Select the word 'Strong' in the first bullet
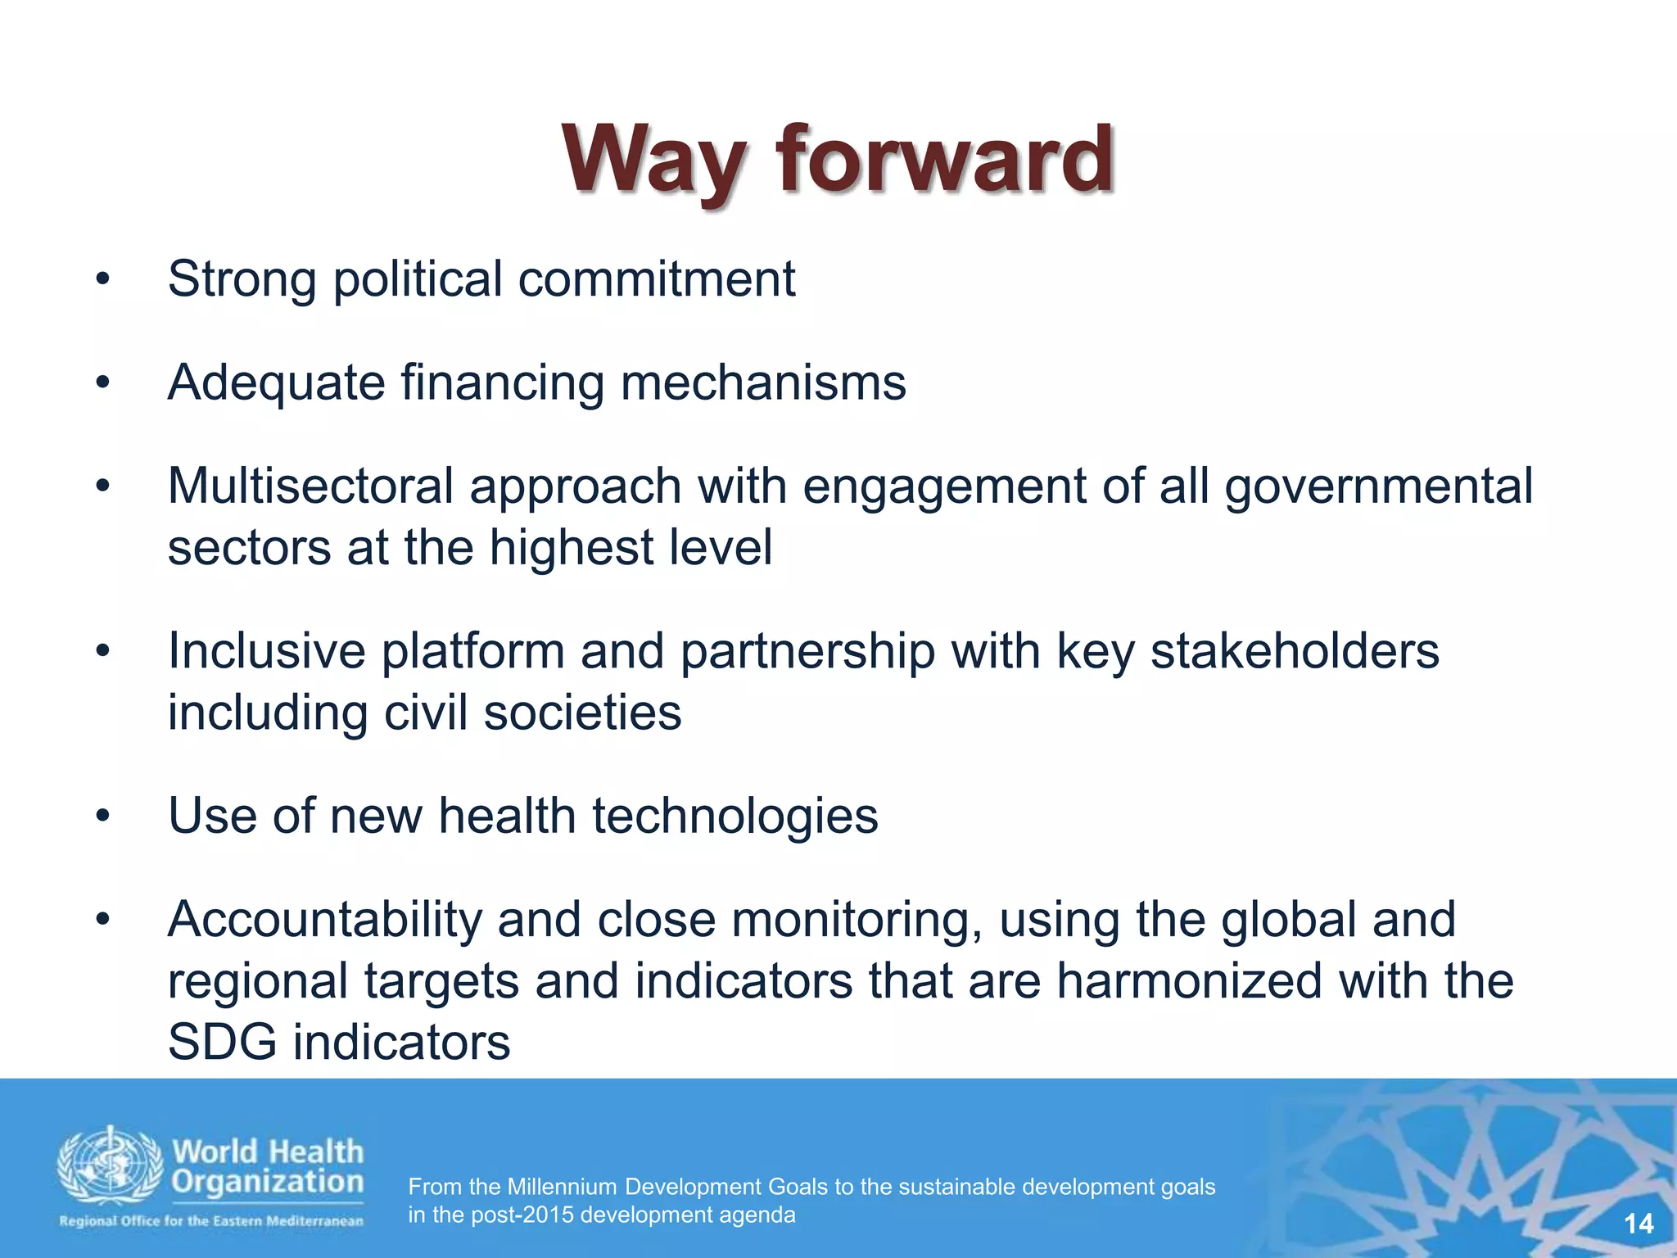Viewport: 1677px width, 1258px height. pyautogui.click(x=242, y=279)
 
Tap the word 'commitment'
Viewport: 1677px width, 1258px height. pyautogui.click(x=656, y=279)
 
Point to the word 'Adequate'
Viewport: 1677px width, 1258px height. pyautogui.click(x=276, y=383)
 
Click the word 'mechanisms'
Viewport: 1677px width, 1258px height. pyautogui.click(x=763, y=382)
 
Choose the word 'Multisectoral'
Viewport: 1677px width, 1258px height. pyautogui.click(x=310, y=486)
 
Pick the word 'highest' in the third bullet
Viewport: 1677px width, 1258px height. pyautogui.click(x=571, y=547)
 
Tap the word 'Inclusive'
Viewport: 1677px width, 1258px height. pyautogui.click(x=266, y=651)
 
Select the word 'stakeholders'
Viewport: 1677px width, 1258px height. pyautogui.click(x=1295, y=651)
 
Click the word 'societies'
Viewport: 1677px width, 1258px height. pyautogui.click(x=582, y=712)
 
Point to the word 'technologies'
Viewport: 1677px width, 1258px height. pyautogui.click(x=735, y=816)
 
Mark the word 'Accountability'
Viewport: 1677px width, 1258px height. pyautogui.click(x=325, y=919)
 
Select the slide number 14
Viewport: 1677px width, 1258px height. pyautogui.click(x=1639, y=1224)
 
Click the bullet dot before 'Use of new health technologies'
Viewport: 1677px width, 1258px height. pyautogui.click(x=102, y=817)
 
